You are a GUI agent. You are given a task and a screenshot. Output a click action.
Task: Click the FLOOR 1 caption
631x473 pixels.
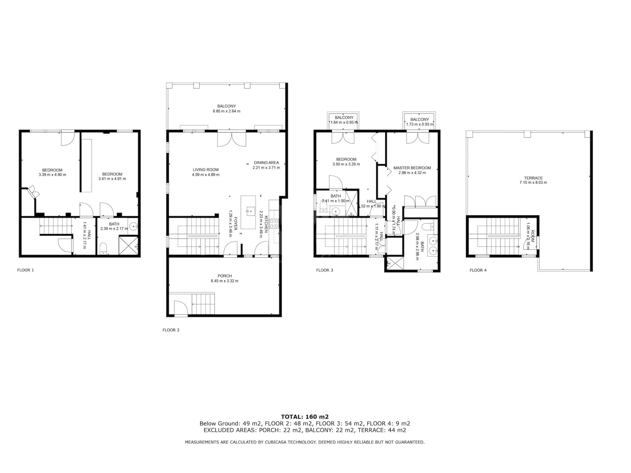coord(26,270)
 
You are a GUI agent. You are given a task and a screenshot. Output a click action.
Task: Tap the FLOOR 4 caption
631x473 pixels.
coord(478,270)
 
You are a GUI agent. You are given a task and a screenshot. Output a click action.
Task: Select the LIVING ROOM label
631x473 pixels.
coord(206,170)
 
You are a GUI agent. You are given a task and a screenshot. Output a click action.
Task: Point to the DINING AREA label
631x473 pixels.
coord(266,162)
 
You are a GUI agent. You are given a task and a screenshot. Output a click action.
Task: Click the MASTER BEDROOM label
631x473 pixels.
coord(412,168)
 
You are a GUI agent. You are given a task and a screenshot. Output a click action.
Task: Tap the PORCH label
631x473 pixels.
coord(225,276)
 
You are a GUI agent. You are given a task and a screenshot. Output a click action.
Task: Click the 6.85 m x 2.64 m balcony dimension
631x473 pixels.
coord(226,111)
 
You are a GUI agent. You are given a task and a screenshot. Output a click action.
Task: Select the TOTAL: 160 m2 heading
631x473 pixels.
coord(305,416)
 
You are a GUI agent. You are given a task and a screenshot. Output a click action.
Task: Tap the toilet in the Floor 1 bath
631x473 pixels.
coord(103,248)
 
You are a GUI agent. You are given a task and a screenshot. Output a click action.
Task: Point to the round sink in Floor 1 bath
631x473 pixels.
coord(133,226)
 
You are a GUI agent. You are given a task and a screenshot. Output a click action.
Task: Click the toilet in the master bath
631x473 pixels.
coord(429,226)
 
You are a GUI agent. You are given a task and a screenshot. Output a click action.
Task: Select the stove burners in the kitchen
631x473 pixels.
coord(274,224)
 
